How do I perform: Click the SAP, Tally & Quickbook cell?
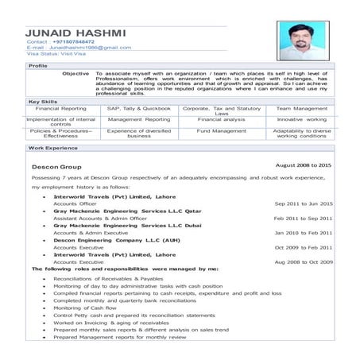pyautogui.click(x=139, y=108)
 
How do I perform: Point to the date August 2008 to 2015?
pyautogui.click(x=303, y=165)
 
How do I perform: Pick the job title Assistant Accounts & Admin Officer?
pyautogui.click(x=100, y=218)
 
